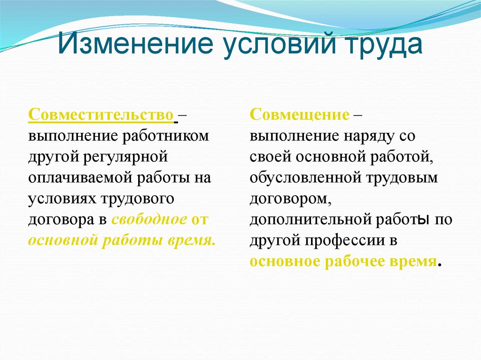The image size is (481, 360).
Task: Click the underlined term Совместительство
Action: pyautogui.click(x=101, y=115)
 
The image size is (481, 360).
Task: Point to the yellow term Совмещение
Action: pyautogui.click(x=300, y=115)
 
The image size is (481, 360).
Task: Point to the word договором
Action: pyautogui.click(x=290, y=199)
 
